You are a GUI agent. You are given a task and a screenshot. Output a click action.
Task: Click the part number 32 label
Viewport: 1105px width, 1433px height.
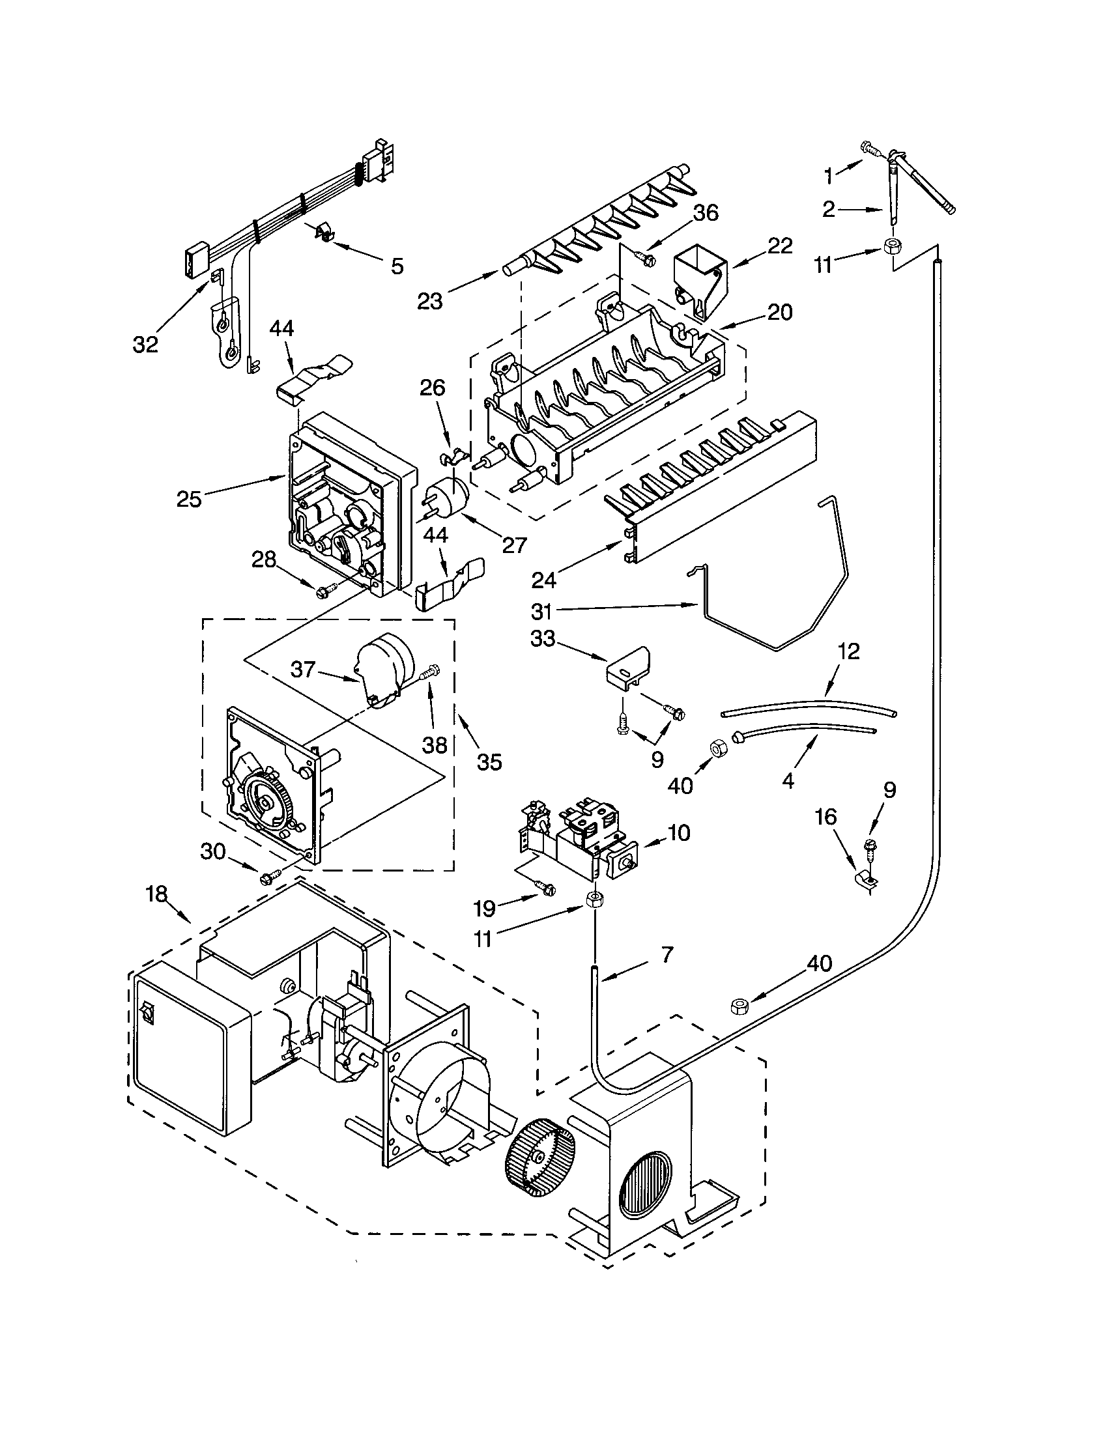click(x=145, y=344)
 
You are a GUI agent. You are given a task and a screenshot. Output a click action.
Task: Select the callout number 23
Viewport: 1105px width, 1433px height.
click(x=431, y=301)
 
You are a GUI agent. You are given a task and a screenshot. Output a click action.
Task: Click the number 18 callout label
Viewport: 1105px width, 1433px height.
click(x=157, y=895)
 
